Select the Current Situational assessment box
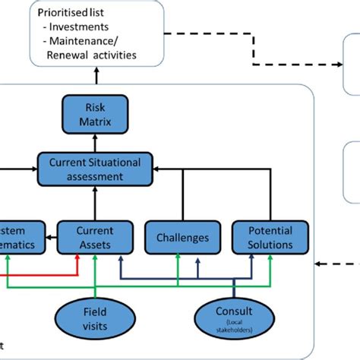(96, 169)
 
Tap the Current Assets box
(96, 237)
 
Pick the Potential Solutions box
(270, 237)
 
